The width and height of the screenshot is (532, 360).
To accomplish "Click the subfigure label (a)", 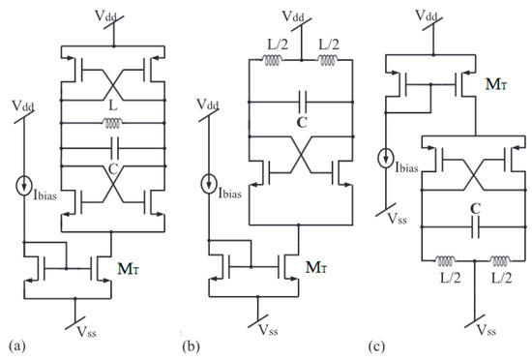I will coord(15,343).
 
